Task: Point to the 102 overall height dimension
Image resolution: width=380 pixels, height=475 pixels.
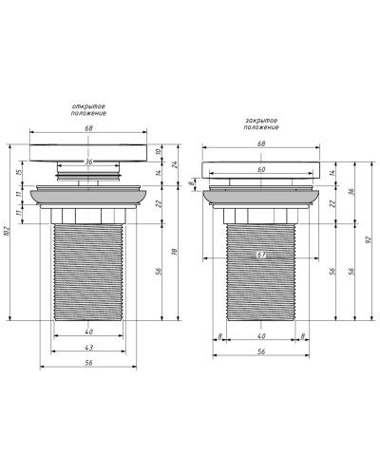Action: (8, 232)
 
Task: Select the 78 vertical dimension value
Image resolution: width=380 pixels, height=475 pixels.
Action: (174, 251)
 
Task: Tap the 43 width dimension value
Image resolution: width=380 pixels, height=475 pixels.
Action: (87, 347)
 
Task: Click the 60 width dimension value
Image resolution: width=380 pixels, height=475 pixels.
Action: (259, 170)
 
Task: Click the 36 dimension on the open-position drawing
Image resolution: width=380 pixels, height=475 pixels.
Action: (87, 161)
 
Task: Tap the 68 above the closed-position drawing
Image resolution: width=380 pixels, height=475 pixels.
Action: (259, 143)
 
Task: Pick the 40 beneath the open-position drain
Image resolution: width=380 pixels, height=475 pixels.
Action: (87, 332)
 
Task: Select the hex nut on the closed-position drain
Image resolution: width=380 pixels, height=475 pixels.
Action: (259, 216)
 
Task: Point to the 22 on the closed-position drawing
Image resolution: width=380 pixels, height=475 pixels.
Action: (332, 203)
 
